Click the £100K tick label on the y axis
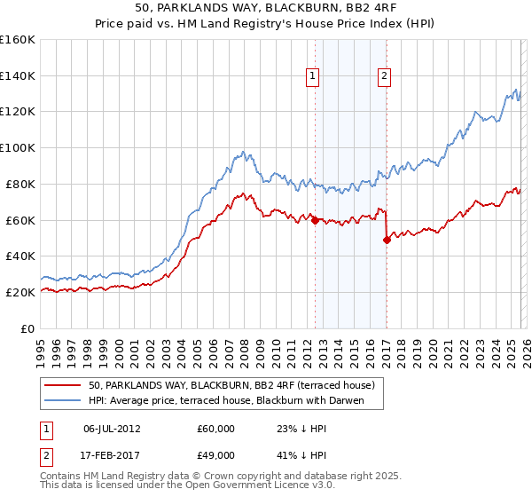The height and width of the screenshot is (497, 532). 18,147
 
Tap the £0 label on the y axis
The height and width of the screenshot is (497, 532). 28,328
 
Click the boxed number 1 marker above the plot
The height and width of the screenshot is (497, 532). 314,77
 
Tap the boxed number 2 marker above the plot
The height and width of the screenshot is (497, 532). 384,77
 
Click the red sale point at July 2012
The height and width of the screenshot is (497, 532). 315,220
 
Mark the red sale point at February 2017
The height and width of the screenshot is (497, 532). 387,240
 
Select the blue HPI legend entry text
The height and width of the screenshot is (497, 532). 235,400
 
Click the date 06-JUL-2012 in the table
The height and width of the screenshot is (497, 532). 113,429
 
